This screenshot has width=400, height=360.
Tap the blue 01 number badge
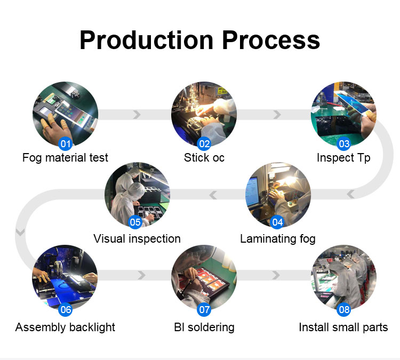[66, 143]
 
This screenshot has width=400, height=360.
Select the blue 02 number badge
[204, 143]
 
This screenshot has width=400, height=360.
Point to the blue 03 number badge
[344, 143]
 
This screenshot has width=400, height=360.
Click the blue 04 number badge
[277, 222]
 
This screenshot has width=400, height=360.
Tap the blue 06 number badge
[66, 309]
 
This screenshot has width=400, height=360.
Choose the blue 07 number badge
[204, 309]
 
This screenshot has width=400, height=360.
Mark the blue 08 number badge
[344, 309]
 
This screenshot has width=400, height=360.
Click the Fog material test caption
[65, 158]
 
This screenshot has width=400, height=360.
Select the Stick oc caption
[204, 158]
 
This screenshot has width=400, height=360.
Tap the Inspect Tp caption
[343, 158]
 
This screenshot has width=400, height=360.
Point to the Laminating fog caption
[278, 239]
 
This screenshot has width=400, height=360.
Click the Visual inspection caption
[137, 239]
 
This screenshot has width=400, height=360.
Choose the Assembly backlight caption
[65, 327]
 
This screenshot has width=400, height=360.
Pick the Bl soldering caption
[204, 327]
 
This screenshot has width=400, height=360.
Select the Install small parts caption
[343, 327]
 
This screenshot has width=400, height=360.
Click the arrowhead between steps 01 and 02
[137, 115]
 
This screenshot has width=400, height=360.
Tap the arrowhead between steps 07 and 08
[276, 275]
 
